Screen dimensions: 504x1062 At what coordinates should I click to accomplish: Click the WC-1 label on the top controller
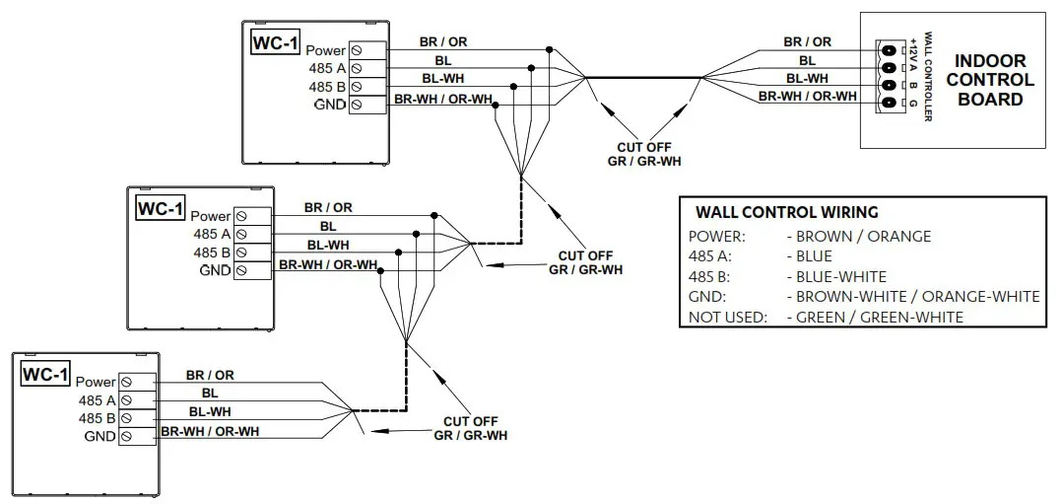tap(273, 43)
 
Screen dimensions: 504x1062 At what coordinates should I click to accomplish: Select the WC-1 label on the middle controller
tap(160, 209)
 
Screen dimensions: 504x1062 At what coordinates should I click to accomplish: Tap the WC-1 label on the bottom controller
tap(45, 375)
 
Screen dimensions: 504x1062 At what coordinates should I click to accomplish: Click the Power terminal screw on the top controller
tap(356, 50)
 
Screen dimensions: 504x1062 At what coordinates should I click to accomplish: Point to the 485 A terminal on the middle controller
tap(239, 234)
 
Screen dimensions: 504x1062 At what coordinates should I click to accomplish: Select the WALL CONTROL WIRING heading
tap(786, 212)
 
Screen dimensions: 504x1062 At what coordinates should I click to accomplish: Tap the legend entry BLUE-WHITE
tap(836, 277)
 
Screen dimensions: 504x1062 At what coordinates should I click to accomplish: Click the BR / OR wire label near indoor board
tap(807, 41)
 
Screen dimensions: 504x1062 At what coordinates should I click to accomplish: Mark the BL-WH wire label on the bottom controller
tap(210, 411)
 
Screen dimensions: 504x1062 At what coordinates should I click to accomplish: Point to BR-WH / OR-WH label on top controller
tap(442, 99)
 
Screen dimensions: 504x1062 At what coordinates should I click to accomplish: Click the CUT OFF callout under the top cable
tap(645, 154)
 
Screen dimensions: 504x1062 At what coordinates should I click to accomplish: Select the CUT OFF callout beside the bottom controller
tap(471, 428)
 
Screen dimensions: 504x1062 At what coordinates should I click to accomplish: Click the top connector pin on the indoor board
tap(890, 50)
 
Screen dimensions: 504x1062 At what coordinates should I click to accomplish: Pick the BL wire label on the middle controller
tap(327, 226)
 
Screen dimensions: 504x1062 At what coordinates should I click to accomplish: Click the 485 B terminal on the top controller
tap(356, 87)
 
